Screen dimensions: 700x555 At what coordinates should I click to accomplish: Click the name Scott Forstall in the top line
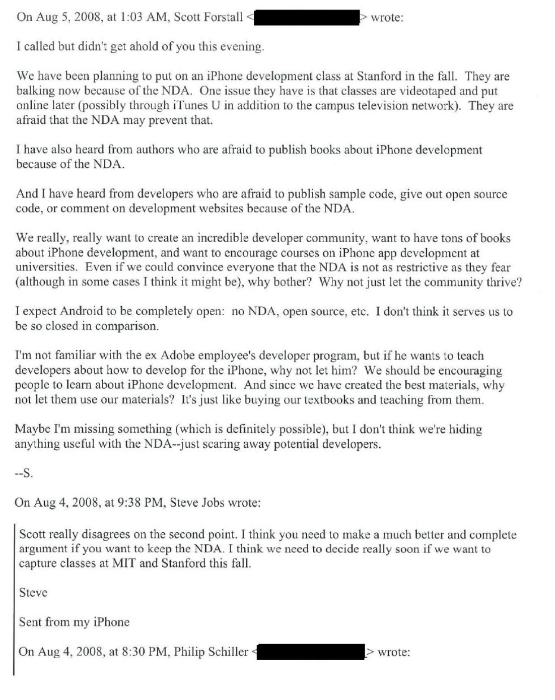208,17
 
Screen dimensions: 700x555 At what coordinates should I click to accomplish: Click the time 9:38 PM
140,503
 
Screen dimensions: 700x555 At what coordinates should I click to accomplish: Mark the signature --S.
24,473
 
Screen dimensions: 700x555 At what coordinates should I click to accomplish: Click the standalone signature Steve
33,593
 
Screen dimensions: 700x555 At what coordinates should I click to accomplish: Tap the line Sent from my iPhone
74,622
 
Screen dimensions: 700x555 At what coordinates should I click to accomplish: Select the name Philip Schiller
211,652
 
